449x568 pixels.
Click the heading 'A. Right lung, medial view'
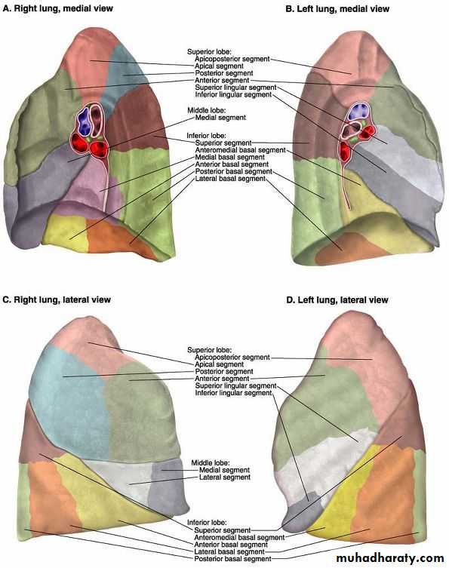tap(58, 8)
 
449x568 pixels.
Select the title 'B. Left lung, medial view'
tap(337, 9)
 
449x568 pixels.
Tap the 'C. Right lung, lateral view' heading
tap(57, 300)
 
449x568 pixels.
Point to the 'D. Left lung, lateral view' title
tap(337, 300)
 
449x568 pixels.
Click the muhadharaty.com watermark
tap(390, 558)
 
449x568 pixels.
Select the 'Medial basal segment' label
tap(229, 157)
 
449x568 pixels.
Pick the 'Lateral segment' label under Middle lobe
tap(225, 477)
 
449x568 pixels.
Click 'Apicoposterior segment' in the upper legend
tap(232, 59)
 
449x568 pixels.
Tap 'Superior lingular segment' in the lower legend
tap(235, 385)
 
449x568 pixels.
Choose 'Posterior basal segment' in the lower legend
tap(232, 559)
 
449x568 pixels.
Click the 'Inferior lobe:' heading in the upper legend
tap(206, 136)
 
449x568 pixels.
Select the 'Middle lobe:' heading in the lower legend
tap(211, 463)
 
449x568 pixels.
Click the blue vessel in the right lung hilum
tap(85, 121)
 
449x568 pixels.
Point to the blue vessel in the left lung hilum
tap(358, 112)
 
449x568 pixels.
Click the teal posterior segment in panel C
tap(69, 398)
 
